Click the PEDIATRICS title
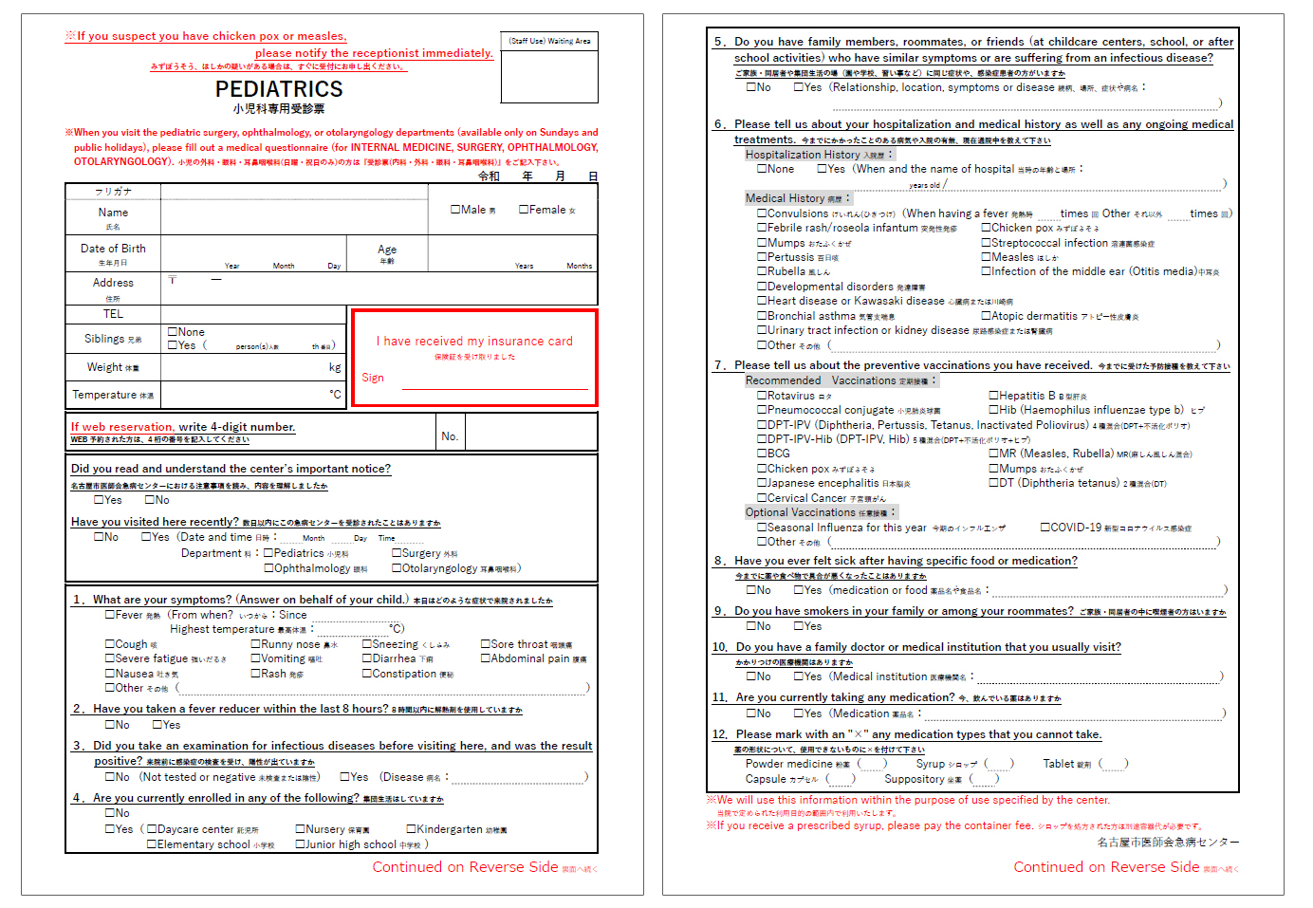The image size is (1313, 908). pos(279,89)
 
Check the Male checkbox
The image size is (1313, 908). pos(455,210)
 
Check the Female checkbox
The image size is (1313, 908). pos(524,210)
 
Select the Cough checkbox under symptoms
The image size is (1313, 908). pos(110,644)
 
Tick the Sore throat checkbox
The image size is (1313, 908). pos(486,644)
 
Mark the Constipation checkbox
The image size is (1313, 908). pos(367,674)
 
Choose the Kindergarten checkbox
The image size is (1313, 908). pos(412,829)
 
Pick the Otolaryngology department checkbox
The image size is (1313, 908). pos(398,568)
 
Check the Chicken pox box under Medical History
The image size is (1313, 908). pos(987,228)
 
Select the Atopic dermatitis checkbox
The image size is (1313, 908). pos(987,316)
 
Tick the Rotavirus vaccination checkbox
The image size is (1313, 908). pos(762,396)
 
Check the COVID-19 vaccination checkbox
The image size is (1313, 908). pos(1045,528)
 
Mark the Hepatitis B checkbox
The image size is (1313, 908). pos(994,396)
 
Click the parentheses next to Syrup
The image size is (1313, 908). pos(999,764)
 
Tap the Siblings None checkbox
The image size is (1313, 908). pos(173,332)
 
